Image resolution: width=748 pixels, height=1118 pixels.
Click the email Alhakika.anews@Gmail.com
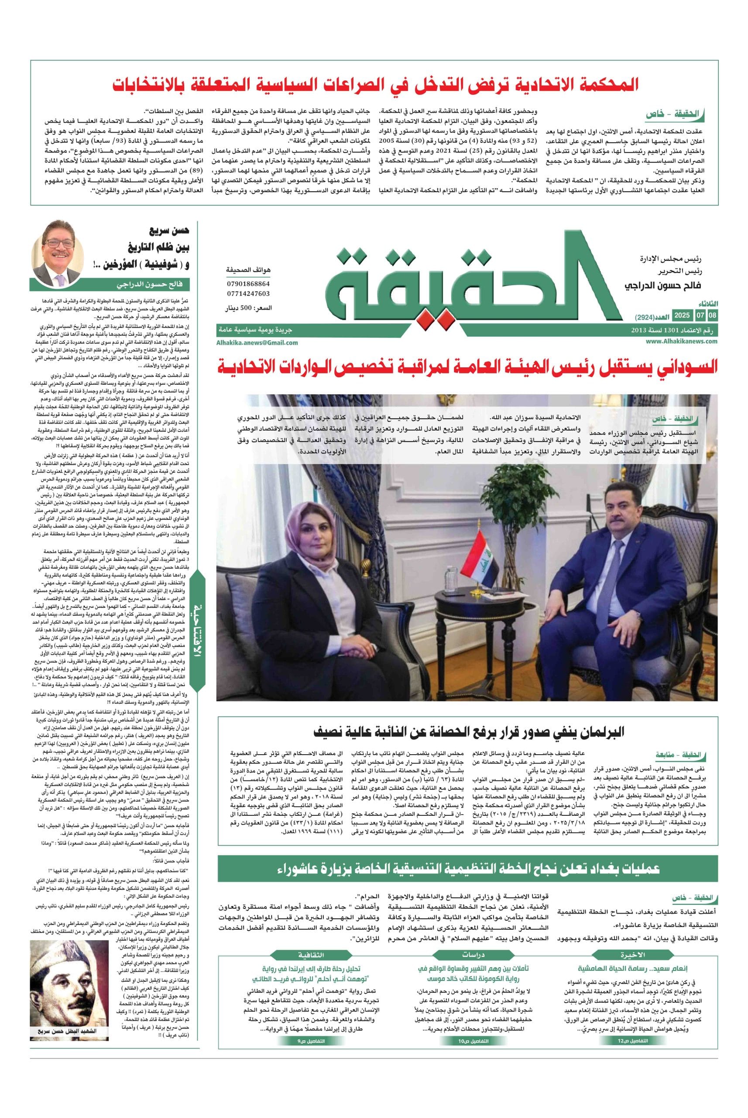(257, 342)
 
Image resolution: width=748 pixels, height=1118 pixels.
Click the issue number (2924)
(645, 317)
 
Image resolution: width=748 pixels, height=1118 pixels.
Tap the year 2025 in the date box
(682, 316)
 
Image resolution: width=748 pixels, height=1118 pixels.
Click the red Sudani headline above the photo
(467, 368)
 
